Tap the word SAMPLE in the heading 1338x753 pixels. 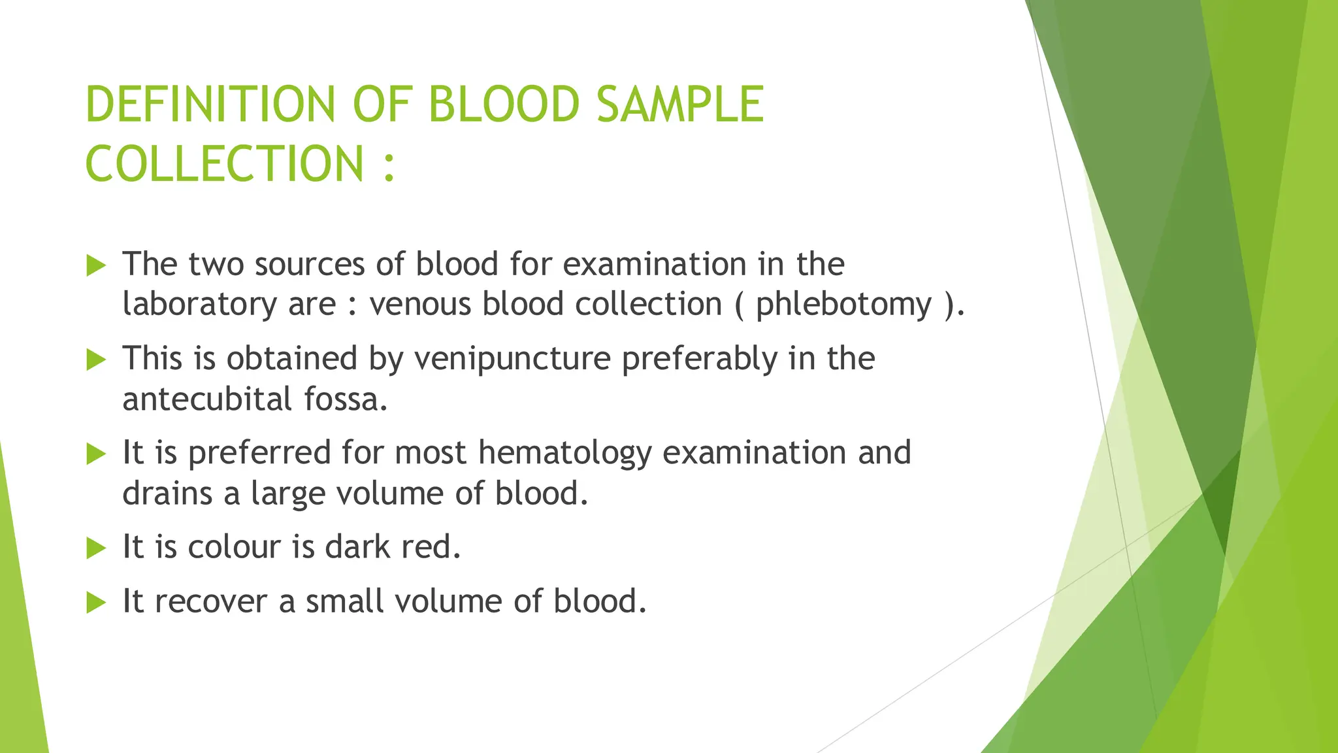(x=680, y=105)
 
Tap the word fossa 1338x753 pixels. (x=346, y=399)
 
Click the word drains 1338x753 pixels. (x=167, y=493)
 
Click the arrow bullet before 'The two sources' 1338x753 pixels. (x=96, y=265)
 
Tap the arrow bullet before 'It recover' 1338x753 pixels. (x=96, y=603)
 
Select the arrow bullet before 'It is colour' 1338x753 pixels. (x=96, y=548)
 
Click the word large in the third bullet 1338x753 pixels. (x=288, y=494)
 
